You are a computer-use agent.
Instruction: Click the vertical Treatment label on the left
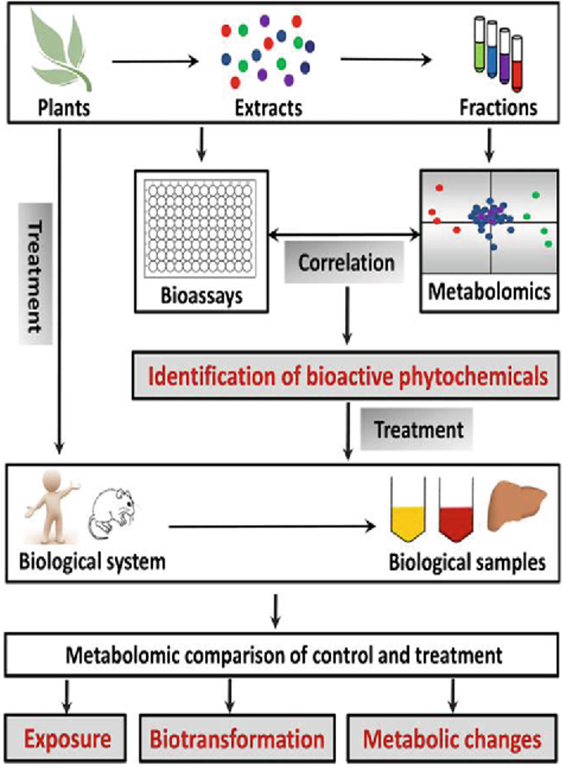(x=36, y=278)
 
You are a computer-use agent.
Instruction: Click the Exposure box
(x=68, y=739)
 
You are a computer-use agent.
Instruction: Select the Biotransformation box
(x=238, y=739)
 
